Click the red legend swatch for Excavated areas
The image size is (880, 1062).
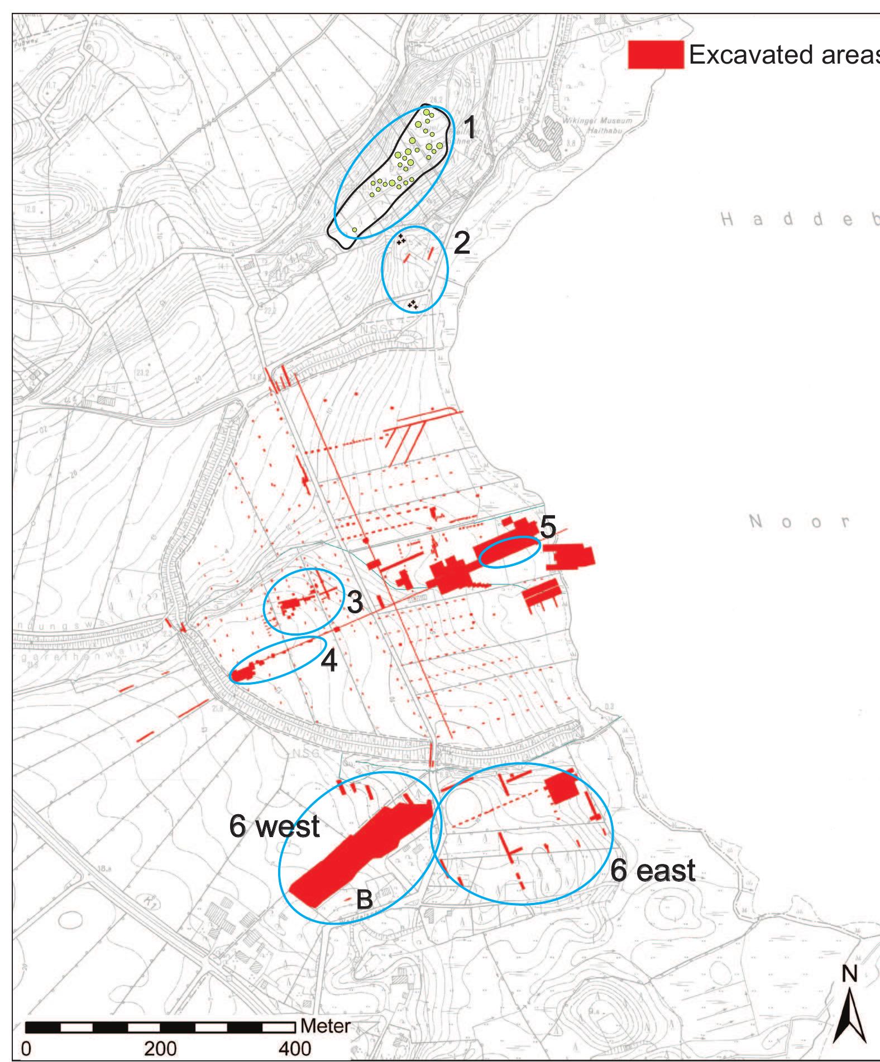(656, 55)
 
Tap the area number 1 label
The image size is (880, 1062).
(470, 128)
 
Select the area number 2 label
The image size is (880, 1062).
(462, 243)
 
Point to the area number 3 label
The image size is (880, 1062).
(355, 602)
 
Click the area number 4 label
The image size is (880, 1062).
(329, 660)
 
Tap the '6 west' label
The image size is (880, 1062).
(274, 826)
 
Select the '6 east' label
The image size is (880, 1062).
(652, 871)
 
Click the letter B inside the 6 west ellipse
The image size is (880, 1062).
(364, 899)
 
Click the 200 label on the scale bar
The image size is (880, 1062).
(161, 1048)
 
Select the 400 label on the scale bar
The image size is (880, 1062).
(295, 1048)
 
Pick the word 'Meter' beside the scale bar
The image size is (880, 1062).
(325, 1026)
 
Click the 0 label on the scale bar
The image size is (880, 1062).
(26, 1048)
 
